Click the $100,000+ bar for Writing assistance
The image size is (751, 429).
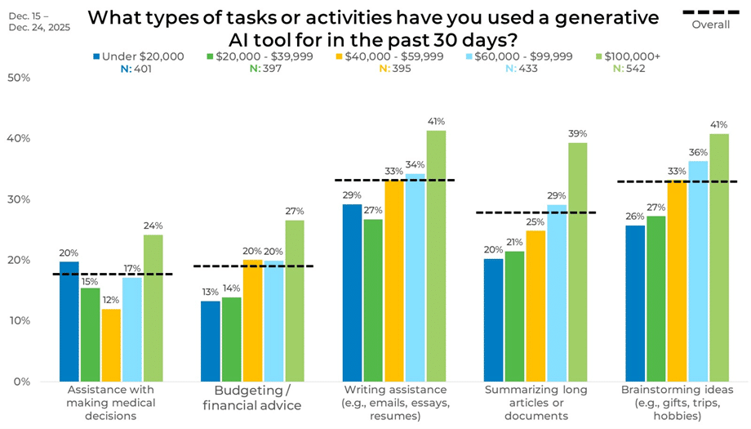coord(436,256)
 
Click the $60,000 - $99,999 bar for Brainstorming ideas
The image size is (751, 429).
coord(698,270)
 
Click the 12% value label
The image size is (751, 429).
coord(111,300)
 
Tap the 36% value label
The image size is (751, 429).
coord(698,152)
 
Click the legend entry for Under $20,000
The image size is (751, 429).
coord(139,56)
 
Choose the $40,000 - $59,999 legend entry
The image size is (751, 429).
coord(392,56)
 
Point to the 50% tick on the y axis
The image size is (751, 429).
coord(19,78)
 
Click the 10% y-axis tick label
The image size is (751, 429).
coord(19,320)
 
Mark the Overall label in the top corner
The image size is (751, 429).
coord(710,25)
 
